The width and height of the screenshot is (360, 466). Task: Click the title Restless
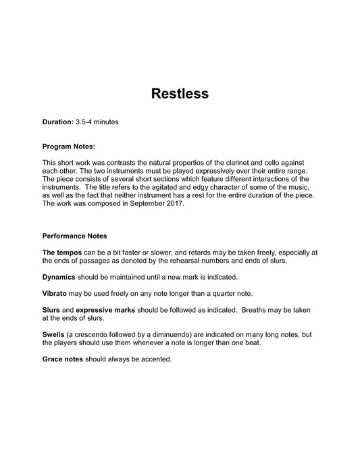click(x=179, y=94)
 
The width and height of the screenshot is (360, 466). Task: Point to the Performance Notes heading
click(x=74, y=236)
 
